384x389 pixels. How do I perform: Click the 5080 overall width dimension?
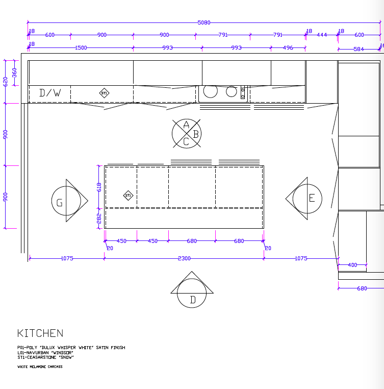(x=204, y=22)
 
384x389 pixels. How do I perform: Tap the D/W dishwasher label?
(x=50, y=93)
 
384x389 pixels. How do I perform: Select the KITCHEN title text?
(x=40, y=333)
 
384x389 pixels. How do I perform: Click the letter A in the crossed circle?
(x=186, y=125)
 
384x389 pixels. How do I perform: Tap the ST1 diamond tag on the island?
(x=129, y=196)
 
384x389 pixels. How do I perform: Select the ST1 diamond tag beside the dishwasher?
(x=104, y=93)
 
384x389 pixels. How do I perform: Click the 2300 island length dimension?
(x=184, y=258)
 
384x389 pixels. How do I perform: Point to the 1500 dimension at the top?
(x=81, y=48)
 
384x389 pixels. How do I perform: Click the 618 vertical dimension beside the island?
(x=99, y=187)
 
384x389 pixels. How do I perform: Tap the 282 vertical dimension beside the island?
(x=99, y=218)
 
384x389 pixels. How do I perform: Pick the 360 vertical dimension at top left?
(x=15, y=72)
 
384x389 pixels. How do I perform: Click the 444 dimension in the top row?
(x=322, y=35)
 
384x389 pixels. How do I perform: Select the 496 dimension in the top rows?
(x=288, y=48)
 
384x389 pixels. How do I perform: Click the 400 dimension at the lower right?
(x=352, y=265)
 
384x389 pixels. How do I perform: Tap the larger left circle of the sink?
(x=211, y=91)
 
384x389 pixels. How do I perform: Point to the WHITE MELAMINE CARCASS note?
(x=40, y=367)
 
